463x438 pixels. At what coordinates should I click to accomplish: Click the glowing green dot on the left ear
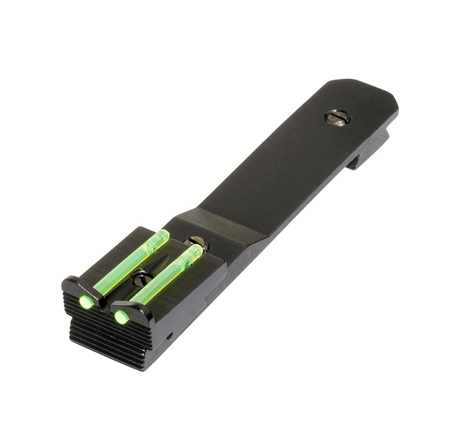(x=85, y=302)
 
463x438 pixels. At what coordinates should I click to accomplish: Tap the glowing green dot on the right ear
(x=121, y=317)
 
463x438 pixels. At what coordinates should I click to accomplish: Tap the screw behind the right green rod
(x=198, y=242)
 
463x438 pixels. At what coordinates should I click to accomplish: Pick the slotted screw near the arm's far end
(x=338, y=117)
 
